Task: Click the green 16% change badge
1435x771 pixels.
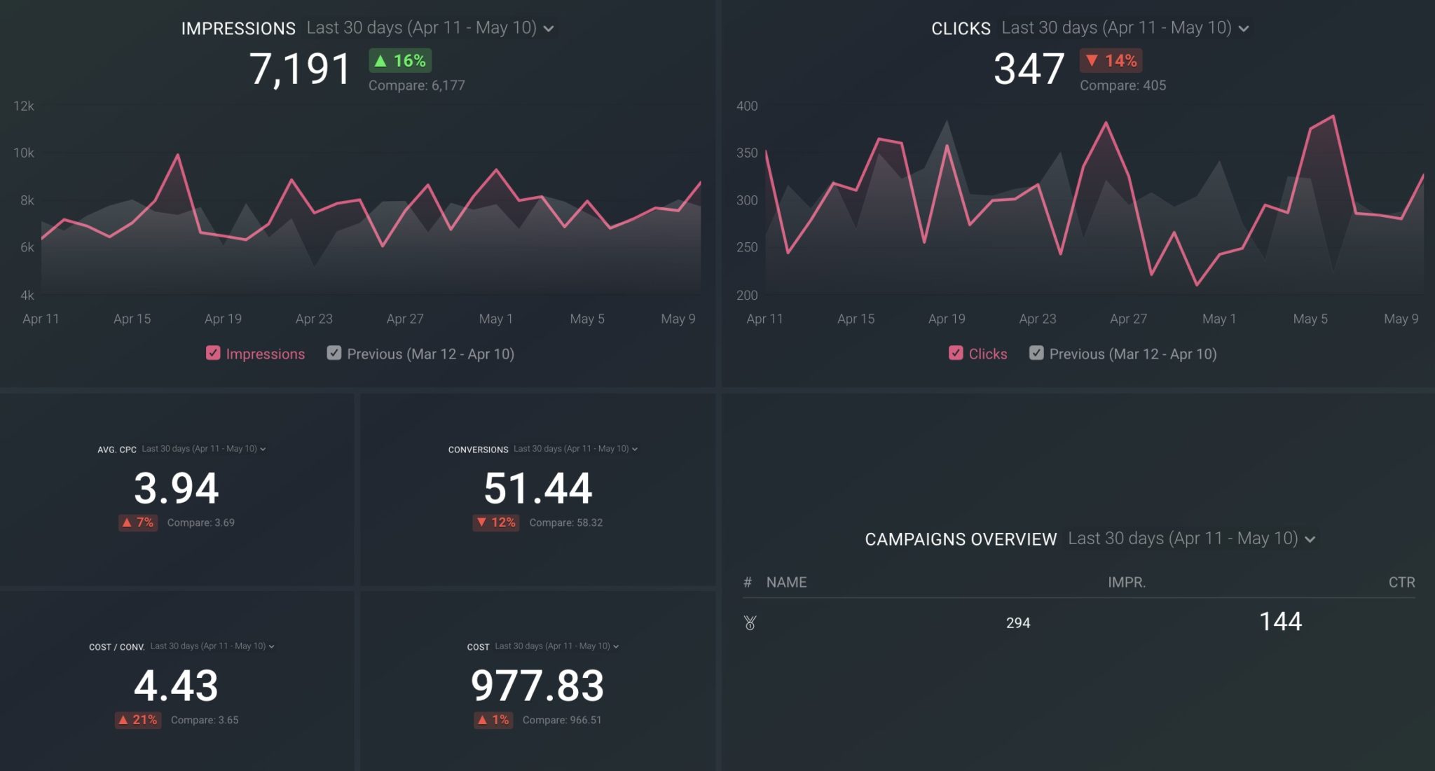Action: click(400, 61)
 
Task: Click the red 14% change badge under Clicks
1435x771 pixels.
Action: click(1111, 61)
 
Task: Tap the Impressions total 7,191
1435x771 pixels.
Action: click(300, 69)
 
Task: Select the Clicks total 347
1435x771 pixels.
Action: click(1029, 69)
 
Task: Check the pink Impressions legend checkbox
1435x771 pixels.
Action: click(213, 353)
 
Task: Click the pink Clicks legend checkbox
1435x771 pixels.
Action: click(956, 353)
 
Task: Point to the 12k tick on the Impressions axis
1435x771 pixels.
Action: click(24, 106)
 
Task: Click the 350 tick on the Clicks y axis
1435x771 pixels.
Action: click(747, 153)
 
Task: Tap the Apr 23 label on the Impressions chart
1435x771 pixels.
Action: click(314, 319)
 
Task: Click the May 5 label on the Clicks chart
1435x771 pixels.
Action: click(1310, 319)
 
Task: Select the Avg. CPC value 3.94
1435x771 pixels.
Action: click(177, 488)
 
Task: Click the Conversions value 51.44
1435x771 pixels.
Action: click(538, 488)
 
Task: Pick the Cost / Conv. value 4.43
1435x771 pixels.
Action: click(177, 686)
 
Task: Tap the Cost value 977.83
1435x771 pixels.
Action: click(537, 686)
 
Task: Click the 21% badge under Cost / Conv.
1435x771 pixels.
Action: click(138, 720)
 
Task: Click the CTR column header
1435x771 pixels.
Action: click(1401, 582)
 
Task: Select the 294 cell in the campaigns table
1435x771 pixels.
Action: click(1018, 623)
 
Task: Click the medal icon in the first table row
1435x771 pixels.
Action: click(750, 623)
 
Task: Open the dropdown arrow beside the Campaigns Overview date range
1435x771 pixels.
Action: click(1310, 539)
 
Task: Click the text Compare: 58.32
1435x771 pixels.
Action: click(565, 522)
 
